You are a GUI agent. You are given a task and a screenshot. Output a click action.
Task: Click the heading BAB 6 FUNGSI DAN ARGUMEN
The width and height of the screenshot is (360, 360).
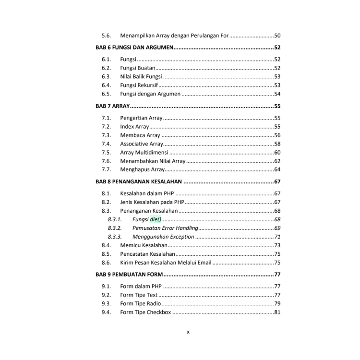pos(134,48)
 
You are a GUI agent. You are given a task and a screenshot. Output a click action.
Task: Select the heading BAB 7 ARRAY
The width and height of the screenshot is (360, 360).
pos(112,106)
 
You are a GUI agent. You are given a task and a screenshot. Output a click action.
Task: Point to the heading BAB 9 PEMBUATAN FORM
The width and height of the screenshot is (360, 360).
pos(129,275)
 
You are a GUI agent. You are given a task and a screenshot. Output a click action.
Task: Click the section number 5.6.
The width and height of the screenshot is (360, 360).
pos(106,36)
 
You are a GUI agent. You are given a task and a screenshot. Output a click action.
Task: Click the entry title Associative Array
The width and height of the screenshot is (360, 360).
pos(142,144)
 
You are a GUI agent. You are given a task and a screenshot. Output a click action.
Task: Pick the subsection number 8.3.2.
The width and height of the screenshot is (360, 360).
pos(115,228)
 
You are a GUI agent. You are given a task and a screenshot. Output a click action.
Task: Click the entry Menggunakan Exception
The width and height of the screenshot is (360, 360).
pos(163,237)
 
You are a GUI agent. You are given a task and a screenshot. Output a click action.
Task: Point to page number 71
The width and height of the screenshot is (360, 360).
pos(277,237)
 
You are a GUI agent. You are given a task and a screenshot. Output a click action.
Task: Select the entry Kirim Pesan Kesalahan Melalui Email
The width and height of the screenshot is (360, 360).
pos(166,263)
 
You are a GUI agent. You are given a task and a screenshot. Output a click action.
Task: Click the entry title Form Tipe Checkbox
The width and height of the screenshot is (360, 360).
pos(145,312)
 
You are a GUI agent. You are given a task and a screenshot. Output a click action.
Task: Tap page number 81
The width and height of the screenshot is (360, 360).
pos(277,312)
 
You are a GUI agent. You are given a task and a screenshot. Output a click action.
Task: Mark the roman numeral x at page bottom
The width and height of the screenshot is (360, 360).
pos(188,332)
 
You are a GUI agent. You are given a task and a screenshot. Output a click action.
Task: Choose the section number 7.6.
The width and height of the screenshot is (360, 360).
pos(106,161)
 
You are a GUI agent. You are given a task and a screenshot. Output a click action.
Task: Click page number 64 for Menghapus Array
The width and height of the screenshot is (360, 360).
pos(277,169)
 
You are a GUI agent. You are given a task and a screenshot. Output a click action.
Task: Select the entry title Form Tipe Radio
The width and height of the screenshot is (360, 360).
pos(141,303)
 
